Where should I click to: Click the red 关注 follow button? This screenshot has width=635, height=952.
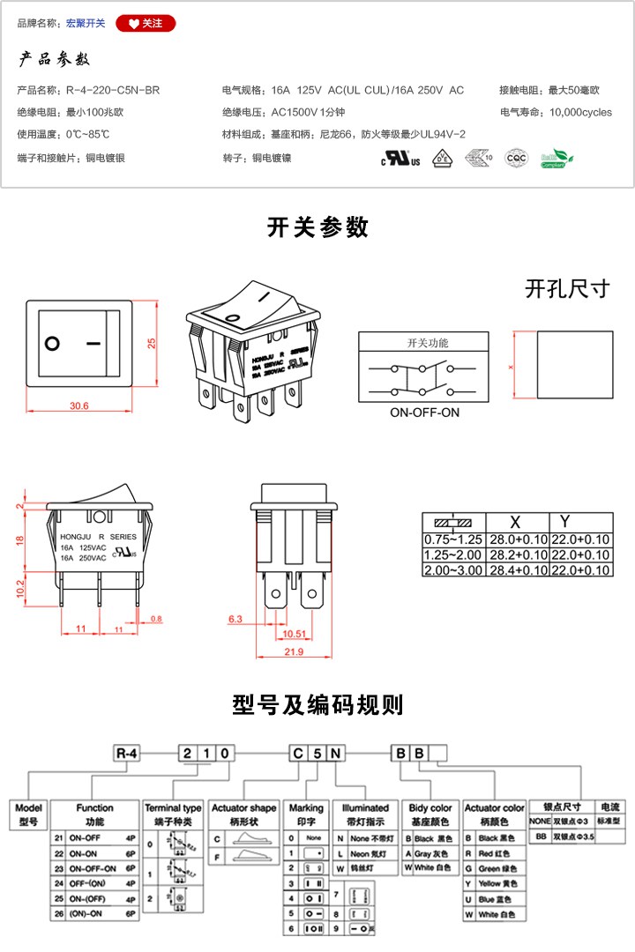[x=146, y=24]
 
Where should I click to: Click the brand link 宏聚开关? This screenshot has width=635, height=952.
[x=86, y=24]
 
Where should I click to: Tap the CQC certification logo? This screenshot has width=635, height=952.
[x=516, y=158]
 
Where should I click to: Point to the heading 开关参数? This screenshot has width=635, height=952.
[x=317, y=227]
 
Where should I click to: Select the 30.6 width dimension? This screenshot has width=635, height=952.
[x=79, y=405]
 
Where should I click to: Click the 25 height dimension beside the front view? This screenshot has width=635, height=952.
[x=151, y=343]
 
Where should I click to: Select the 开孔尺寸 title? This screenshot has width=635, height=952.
[x=567, y=289]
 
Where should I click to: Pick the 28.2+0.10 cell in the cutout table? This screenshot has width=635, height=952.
[x=518, y=554]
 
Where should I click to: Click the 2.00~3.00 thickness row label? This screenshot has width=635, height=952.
[x=453, y=570]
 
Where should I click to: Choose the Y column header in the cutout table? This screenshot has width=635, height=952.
[x=565, y=522]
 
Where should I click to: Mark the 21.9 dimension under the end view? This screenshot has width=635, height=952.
[x=295, y=651]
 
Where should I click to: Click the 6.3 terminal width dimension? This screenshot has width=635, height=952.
[x=235, y=620]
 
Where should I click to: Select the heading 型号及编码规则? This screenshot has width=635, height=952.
[x=317, y=705]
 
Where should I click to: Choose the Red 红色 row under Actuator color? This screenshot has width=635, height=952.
[x=492, y=853]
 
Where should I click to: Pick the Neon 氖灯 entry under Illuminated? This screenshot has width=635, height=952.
[x=364, y=853]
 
